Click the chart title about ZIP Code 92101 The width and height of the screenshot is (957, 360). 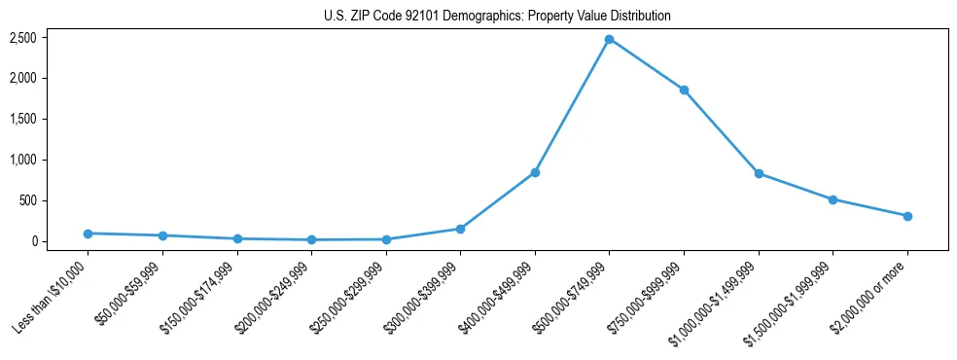coord(497,17)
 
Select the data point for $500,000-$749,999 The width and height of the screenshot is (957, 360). coord(609,39)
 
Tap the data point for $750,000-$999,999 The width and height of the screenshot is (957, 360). coord(684,90)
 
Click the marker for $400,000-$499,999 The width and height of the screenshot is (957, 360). coord(535,172)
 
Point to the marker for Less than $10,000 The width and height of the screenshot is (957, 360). coord(88,234)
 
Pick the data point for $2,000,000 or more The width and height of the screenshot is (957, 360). coord(907,216)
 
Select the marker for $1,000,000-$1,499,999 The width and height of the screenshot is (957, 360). coord(759,173)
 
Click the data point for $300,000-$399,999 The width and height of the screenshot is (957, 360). coord(460,229)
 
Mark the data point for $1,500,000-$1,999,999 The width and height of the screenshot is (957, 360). coord(833,199)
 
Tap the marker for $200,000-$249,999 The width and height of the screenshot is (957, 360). coord(311,239)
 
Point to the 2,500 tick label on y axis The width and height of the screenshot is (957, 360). coord(23,38)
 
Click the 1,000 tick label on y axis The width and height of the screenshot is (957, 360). coord(23,160)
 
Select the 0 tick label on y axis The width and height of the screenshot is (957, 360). coord(33,241)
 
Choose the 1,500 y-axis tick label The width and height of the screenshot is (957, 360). coord(23,119)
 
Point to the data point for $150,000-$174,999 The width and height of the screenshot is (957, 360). coord(237,238)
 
